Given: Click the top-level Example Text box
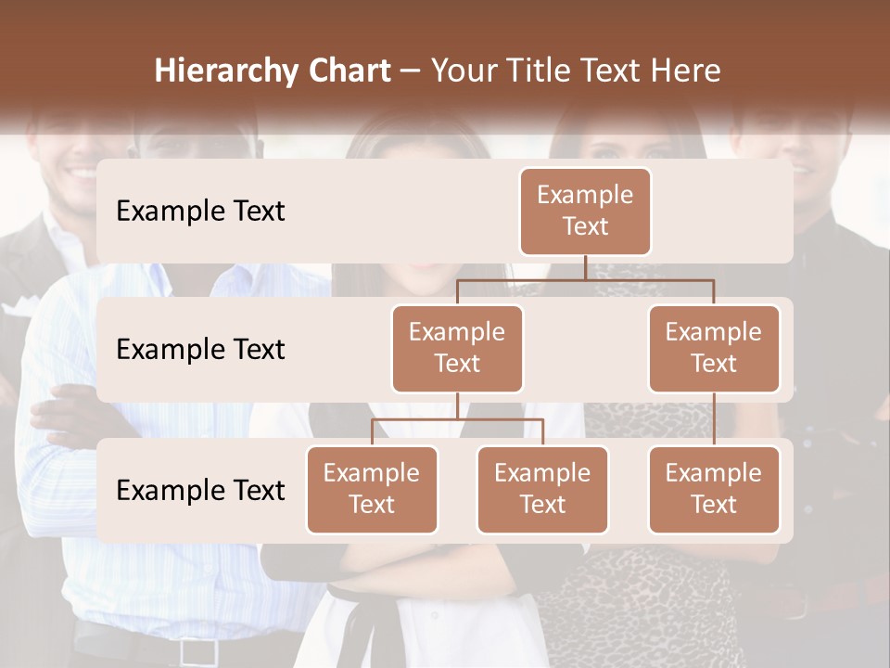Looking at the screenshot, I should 585,211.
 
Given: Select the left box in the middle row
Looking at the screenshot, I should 457,348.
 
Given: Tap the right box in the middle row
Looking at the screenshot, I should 714,348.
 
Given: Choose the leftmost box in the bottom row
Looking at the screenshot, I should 372,489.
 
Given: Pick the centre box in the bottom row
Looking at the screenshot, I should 542,489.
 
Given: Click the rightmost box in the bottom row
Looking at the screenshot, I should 714,489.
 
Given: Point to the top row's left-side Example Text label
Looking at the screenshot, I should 200,212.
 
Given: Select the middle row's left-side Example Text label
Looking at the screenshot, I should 200,350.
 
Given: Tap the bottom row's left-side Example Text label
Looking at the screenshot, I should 200,491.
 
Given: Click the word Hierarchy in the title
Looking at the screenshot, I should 223,71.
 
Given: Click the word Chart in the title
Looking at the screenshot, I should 348,71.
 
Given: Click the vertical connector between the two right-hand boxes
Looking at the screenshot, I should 714,419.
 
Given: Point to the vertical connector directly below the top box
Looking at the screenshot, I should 585,267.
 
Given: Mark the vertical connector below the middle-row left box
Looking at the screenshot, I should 457,405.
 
